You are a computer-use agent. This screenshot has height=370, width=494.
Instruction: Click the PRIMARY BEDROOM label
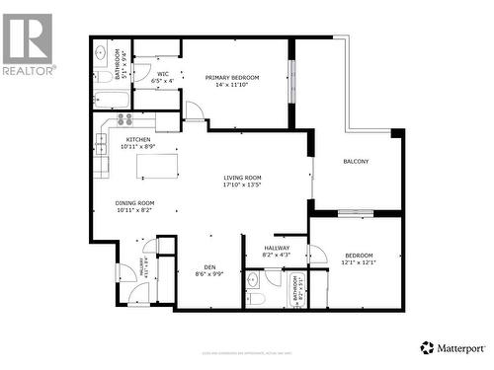click(x=232, y=77)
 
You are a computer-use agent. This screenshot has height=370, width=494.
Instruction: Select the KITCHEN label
click(x=137, y=140)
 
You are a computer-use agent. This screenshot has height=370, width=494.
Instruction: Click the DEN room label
click(x=209, y=266)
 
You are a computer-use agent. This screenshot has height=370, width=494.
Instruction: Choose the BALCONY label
click(x=356, y=161)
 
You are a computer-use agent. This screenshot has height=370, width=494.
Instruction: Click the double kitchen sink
click(x=102, y=158)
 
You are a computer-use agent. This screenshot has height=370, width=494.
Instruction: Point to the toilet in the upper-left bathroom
click(x=104, y=75)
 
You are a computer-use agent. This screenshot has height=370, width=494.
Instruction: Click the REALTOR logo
click(x=28, y=43)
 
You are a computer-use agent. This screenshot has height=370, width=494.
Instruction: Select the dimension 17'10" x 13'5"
click(x=241, y=185)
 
